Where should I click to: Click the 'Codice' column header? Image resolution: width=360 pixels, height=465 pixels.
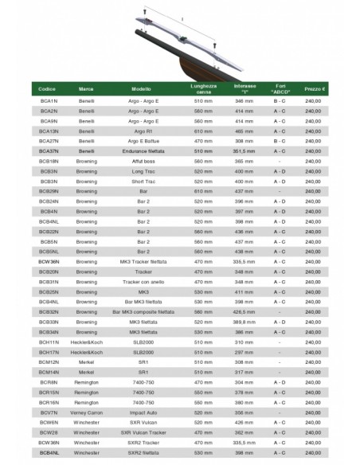[47, 89]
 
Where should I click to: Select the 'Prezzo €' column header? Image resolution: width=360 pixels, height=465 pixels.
[313, 89]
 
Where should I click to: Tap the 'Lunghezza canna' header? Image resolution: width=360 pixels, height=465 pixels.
[203, 89]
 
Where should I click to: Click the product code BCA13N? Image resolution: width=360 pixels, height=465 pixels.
[49, 131]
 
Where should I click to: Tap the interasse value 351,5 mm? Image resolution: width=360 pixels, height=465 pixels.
[244, 150]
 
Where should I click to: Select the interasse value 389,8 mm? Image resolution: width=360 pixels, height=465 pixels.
[244, 321]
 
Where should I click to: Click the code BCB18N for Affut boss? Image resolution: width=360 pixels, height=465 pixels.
[49, 161]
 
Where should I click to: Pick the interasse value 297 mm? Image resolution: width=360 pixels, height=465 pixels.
[244, 351]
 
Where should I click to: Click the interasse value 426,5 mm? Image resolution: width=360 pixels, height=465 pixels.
[244, 311]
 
